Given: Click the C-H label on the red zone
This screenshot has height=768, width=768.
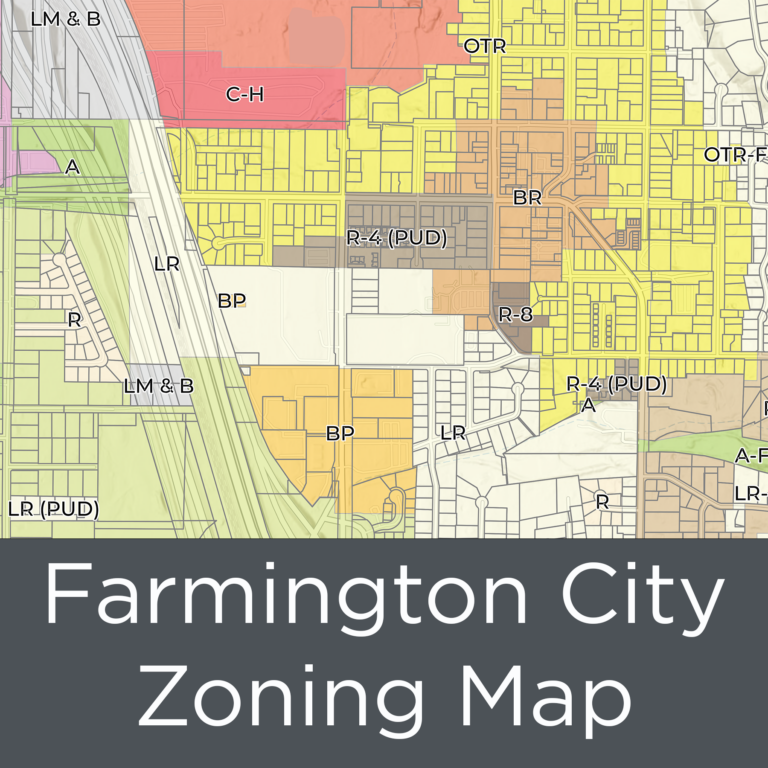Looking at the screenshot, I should pyautogui.click(x=244, y=95).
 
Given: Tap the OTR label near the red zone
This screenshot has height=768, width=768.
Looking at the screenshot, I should pyautogui.click(x=485, y=46).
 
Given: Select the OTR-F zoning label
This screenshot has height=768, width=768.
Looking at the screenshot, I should pyautogui.click(x=735, y=155).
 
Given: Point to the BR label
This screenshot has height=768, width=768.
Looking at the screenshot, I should pyautogui.click(x=527, y=198).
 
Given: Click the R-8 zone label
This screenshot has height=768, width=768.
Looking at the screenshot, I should pyautogui.click(x=515, y=314).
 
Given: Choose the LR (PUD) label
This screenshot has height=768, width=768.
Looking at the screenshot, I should pyautogui.click(x=53, y=508).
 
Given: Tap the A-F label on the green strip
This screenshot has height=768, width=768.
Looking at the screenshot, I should pyautogui.click(x=751, y=455).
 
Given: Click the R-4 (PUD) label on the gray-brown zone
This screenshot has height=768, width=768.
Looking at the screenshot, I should pyautogui.click(x=396, y=238).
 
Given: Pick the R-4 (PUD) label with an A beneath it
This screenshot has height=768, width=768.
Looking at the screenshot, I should pyautogui.click(x=616, y=383).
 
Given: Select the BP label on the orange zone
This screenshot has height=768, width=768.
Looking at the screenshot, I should pyautogui.click(x=341, y=433).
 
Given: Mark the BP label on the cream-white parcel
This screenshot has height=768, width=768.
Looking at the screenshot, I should pyautogui.click(x=231, y=300).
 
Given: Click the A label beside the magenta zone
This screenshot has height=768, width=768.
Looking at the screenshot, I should pyautogui.click(x=72, y=167).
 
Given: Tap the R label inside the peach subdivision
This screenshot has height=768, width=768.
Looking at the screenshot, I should pyautogui.click(x=73, y=320).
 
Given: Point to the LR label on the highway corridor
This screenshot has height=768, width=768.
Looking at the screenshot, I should pyautogui.click(x=167, y=264).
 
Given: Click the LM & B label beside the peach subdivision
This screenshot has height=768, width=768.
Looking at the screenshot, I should pyautogui.click(x=158, y=385).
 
